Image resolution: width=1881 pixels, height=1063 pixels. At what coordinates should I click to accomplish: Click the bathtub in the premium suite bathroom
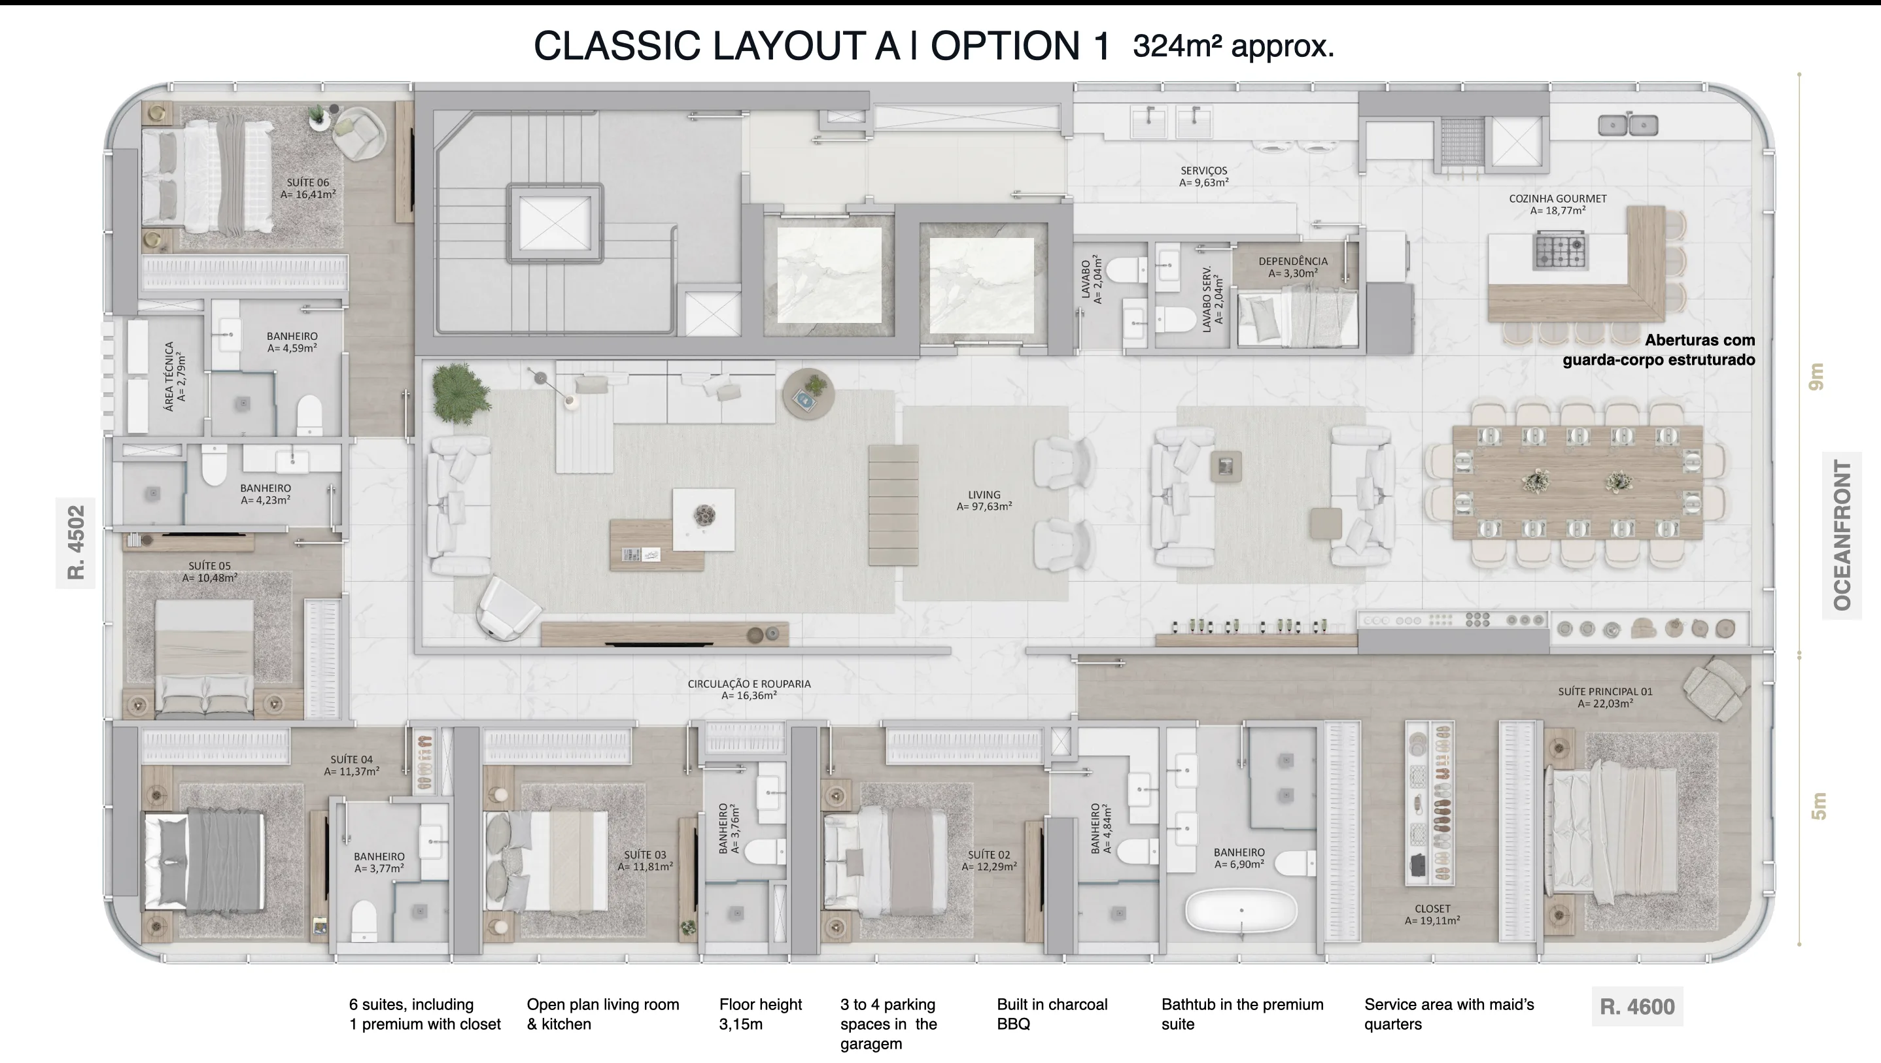(x=1241, y=911)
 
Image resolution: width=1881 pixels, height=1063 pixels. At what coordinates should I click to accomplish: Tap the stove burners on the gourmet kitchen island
(x=1559, y=250)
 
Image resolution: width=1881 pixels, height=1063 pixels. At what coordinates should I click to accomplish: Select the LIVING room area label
(x=984, y=500)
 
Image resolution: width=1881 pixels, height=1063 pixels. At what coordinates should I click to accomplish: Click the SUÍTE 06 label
(x=308, y=188)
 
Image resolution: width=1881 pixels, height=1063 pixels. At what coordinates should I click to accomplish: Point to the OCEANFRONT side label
(x=1842, y=535)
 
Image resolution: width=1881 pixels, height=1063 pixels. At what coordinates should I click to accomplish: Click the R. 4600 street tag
(x=1637, y=1007)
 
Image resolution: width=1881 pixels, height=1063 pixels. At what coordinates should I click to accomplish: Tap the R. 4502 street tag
(x=76, y=543)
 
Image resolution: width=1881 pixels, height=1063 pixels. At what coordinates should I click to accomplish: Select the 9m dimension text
(x=1817, y=377)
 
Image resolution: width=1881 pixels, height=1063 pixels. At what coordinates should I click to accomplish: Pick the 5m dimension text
(x=1818, y=806)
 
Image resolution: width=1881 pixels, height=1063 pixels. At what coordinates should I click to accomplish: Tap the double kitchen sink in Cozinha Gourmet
(x=1628, y=126)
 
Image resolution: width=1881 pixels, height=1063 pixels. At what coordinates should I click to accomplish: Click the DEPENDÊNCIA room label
(x=1293, y=267)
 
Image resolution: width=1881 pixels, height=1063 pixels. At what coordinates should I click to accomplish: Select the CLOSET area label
(x=1432, y=915)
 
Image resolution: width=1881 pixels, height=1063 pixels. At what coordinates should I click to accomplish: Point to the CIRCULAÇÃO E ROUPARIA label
(x=749, y=689)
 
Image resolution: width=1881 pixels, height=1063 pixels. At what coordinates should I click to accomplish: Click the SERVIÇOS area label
(x=1204, y=176)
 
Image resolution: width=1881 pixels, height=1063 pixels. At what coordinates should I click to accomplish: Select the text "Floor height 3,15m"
(x=760, y=1014)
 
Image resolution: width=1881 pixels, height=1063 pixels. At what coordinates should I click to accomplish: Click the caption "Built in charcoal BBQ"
(x=1052, y=1014)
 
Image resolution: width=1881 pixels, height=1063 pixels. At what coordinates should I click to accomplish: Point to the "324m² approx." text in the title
(x=1234, y=46)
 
